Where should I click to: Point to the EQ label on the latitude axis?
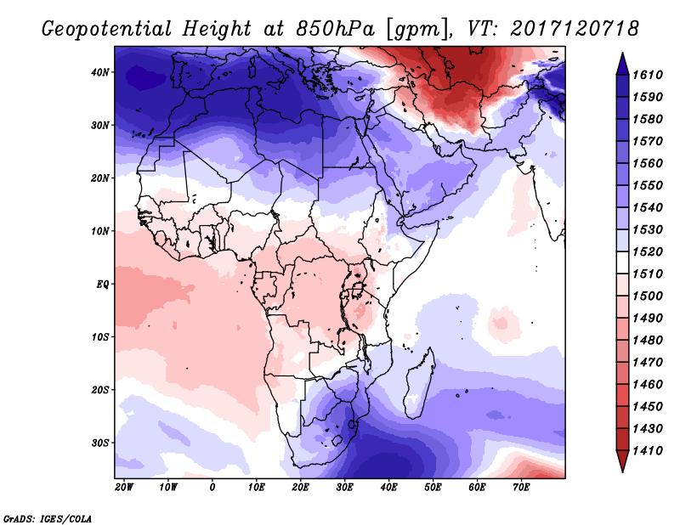103,284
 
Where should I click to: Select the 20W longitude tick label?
124,488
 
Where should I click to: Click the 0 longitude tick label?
212,488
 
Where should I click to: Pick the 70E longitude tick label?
521,488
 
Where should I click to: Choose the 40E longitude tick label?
389,488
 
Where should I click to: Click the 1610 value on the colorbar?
648,74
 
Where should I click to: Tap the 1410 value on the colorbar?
648,450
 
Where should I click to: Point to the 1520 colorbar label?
648,252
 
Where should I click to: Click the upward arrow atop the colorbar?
622,62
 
